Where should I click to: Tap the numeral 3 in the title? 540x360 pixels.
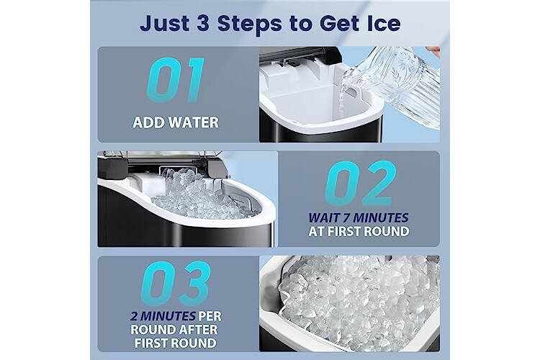click(202, 24)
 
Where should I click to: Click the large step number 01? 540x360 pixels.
click(176, 80)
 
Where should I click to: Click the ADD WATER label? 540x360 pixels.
click(176, 122)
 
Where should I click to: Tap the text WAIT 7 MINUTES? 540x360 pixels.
click(358, 217)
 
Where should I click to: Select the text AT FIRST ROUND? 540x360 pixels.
click(359, 232)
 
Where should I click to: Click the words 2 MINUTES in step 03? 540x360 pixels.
click(163, 316)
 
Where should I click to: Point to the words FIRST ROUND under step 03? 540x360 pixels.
click(175, 343)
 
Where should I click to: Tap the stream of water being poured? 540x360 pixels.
click(341, 98)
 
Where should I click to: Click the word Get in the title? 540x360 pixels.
click(338, 24)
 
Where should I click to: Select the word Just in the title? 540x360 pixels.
click(164, 24)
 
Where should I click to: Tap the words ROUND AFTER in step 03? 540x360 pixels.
click(174, 330)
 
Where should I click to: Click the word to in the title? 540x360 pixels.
click(303, 24)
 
